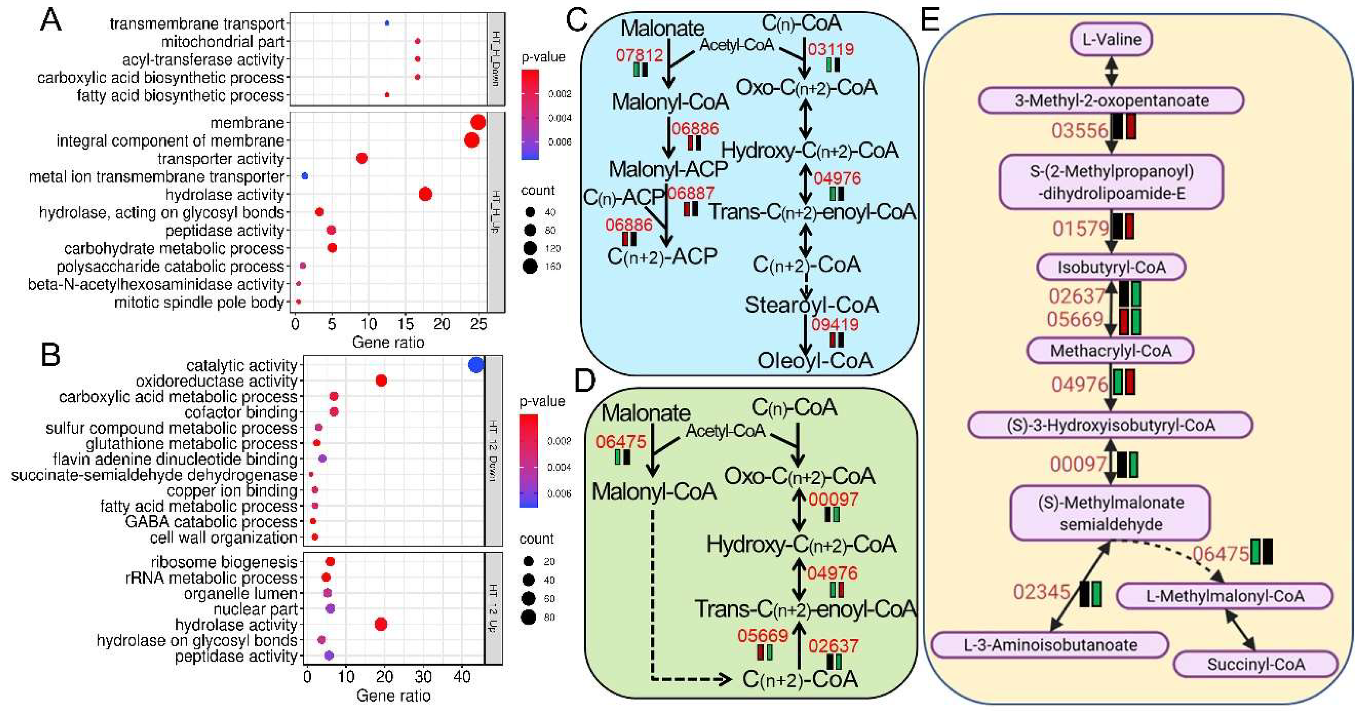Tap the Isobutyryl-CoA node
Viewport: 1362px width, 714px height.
(x=1111, y=267)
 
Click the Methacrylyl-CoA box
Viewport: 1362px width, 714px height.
(x=1110, y=350)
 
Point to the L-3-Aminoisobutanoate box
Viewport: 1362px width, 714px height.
(x=1049, y=645)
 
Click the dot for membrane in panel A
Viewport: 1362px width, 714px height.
(x=478, y=123)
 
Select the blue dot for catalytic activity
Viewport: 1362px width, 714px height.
(x=476, y=365)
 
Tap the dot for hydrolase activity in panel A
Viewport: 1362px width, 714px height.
(x=425, y=194)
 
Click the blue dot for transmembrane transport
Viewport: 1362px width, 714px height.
(x=387, y=23)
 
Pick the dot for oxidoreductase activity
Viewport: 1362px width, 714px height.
(x=381, y=380)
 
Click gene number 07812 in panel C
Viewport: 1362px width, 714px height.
(x=639, y=55)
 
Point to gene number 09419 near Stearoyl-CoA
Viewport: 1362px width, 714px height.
(x=835, y=324)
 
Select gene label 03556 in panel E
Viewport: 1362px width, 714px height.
(x=1079, y=130)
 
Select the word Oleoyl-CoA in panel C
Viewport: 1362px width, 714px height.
(x=815, y=361)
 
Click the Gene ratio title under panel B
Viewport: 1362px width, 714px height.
(x=394, y=696)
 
